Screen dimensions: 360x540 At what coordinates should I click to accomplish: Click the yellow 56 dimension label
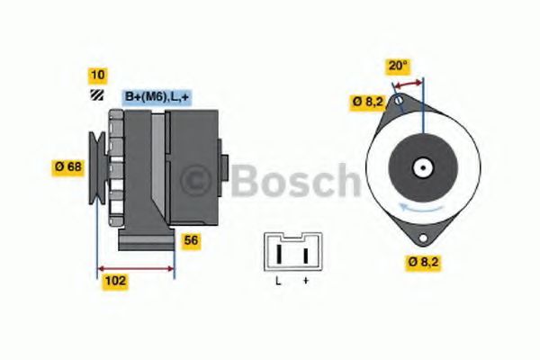[x=191, y=240]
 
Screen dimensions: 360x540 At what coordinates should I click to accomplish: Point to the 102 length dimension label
[x=115, y=281]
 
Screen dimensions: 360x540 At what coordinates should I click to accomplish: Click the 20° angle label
[x=398, y=66]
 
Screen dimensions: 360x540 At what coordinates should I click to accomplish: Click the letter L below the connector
[x=278, y=282]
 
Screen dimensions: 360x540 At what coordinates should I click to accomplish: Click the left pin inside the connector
[x=279, y=256]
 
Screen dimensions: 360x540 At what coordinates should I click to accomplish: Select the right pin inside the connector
[x=305, y=256]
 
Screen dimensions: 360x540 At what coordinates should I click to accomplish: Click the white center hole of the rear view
[x=421, y=167]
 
